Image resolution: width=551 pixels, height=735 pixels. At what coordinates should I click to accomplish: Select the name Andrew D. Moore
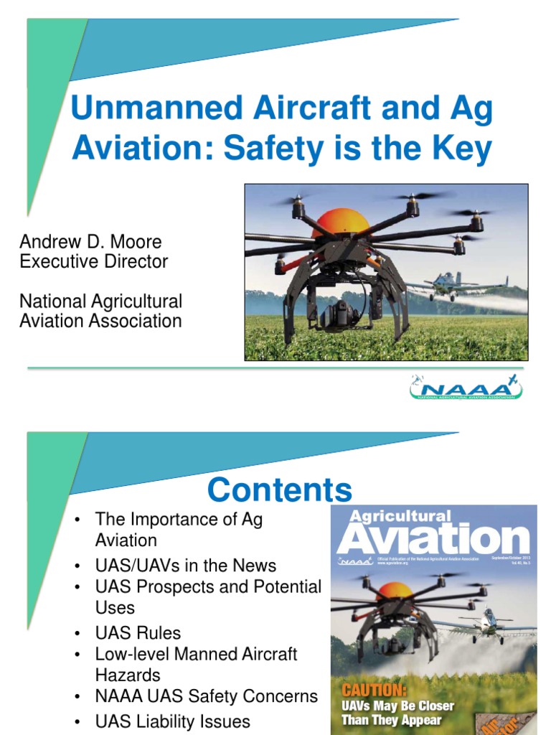pyautogui.click(x=91, y=242)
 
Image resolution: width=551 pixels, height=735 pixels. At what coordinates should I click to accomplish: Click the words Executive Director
pyautogui.click(x=94, y=261)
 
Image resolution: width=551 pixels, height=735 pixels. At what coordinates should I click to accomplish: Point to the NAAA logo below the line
pyautogui.click(x=466, y=388)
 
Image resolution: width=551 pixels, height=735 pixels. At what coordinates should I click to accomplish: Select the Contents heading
pyautogui.click(x=280, y=490)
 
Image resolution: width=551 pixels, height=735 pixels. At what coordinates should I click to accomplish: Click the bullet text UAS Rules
pyautogui.click(x=138, y=633)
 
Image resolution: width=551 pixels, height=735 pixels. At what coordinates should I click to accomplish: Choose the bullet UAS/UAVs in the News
pyautogui.click(x=185, y=566)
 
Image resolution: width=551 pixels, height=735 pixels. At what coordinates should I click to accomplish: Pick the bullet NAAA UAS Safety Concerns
pyautogui.click(x=206, y=696)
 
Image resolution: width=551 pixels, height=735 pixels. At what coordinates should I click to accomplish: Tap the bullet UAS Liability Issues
pyautogui.click(x=172, y=721)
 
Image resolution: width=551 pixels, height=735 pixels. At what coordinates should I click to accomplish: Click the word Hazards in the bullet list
pyautogui.click(x=128, y=675)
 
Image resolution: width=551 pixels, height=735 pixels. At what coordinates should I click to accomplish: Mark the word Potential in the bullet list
pyautogui.click(x=286, y=587)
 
